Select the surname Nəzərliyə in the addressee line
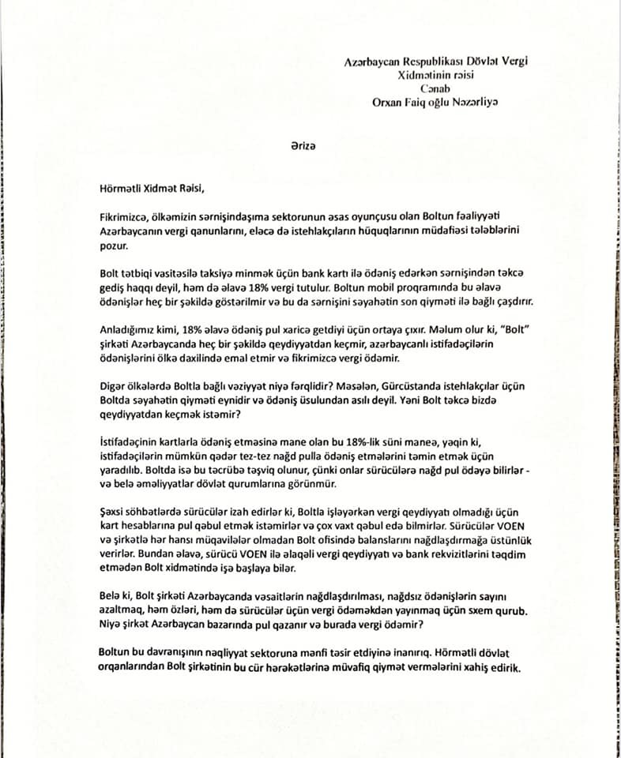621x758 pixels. click(472, 101)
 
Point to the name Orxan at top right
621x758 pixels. click(389, 101)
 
